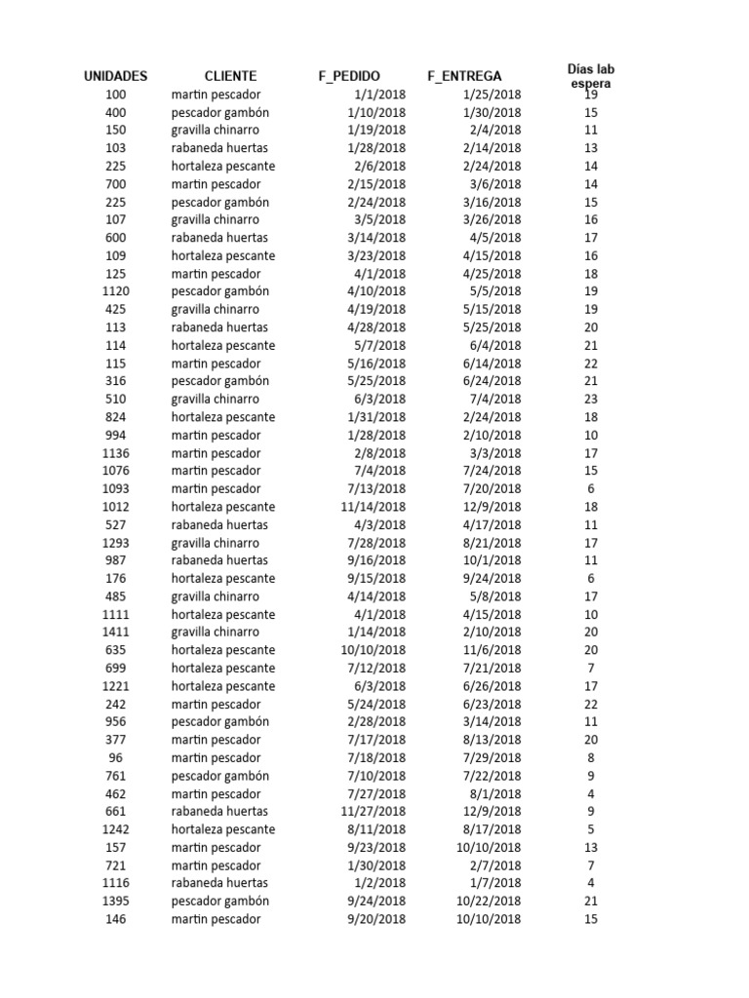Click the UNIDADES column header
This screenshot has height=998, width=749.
pyautogui.click(x=115, y=76)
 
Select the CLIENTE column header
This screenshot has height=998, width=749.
pyautogui.click(x=230, y=76)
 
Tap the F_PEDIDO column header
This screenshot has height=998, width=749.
pyautogui.click(x=349, y=76)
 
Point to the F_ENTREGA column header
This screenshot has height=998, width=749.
pyautogui.click(x=464, y=76)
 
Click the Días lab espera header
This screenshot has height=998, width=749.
pyautogui.click(x=591, y=76)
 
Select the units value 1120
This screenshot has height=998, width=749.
pyautogui.click(x=115, y=291)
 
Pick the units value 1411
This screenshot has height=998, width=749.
pyautogui.click(x=115, y=633)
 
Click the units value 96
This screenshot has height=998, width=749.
pyautogui.click(x=115, y=758)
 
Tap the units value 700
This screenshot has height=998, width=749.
pyautogui.click(x=115, y=184)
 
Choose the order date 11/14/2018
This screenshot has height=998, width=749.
pyautogui.click(x=374, y=507)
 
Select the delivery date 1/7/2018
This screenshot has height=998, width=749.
pyautogui.click(x=499, y=883)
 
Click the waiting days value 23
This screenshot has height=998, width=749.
pyautogui.click(x=591, y=399)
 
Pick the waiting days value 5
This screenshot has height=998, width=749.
pyautogui.click(x=591, y=829)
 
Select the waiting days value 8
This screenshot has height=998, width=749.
pyautogui.click(x=591, y=758)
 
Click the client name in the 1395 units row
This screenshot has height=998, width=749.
pyautogui.click(x=219, y=901)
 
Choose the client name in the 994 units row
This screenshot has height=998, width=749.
pyautogui.click(x=216, y=435)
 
